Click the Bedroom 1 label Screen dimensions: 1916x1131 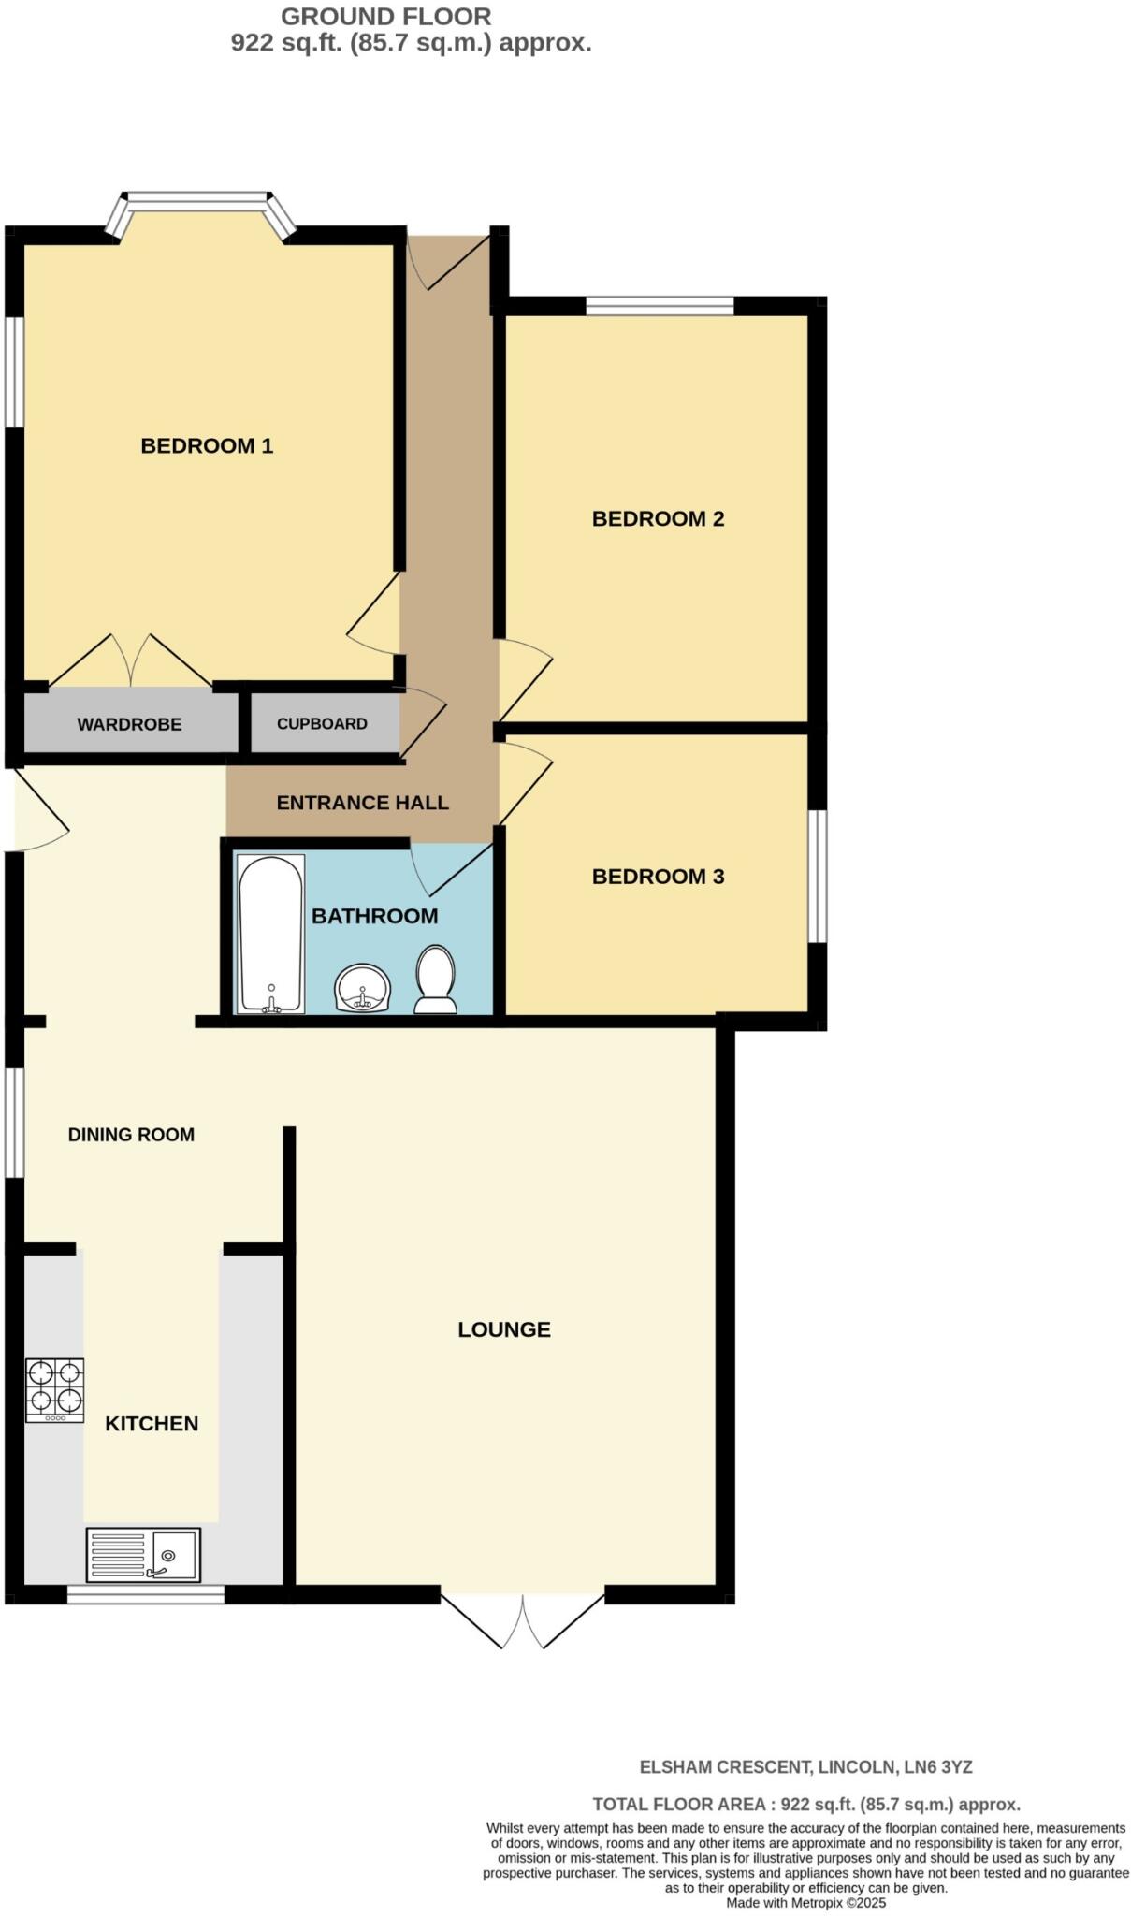207,446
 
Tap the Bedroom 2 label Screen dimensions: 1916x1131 658,518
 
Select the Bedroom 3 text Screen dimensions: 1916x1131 658,877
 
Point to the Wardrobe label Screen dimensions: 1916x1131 129,724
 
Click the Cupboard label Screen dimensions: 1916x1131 322,724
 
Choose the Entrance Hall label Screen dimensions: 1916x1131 362,803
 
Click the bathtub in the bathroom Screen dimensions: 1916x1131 270,934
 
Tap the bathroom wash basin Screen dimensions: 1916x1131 362,988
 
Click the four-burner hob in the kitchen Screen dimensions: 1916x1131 54,1389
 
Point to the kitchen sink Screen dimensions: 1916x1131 143,1554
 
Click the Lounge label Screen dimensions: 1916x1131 503,1329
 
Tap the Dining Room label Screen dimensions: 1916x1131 131,1135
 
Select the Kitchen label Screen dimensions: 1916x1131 152,1424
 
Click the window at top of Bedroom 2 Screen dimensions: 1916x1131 660,305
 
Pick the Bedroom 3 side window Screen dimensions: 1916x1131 817,876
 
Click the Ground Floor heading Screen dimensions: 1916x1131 385,17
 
